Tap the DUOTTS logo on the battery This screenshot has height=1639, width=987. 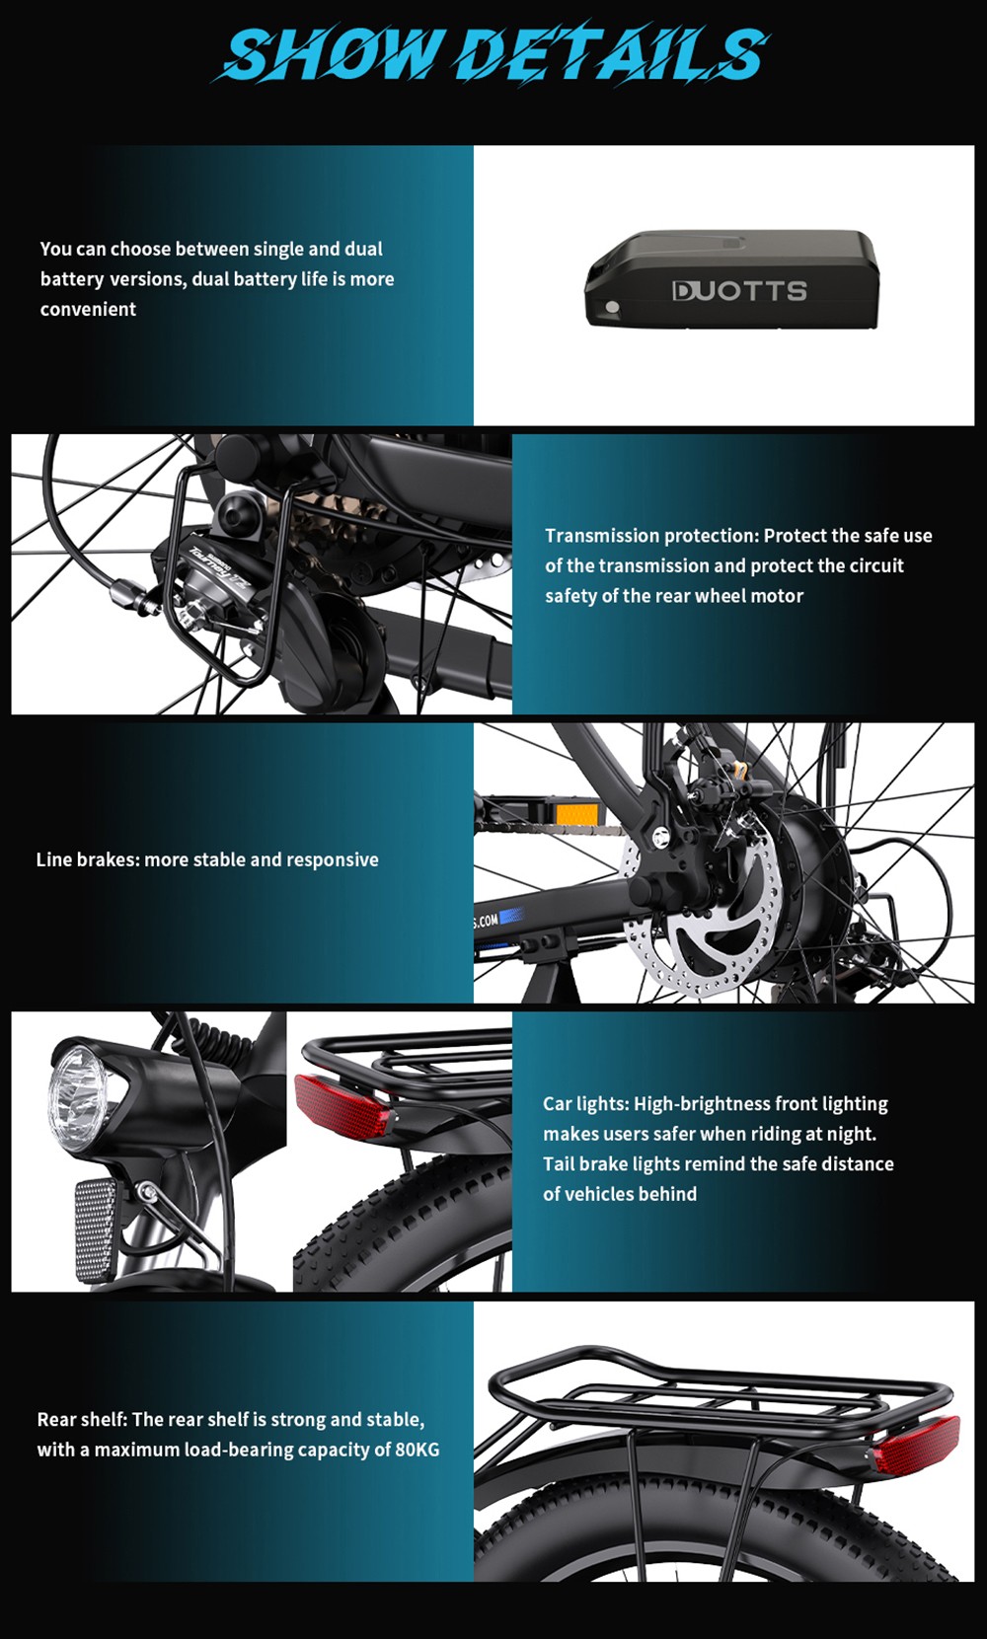click(x=739, y=290)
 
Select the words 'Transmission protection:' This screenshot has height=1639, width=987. click(x=651, y=536)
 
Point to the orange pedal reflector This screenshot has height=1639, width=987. click(x=576, y=815)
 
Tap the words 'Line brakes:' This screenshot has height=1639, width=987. click(x=88, y=859)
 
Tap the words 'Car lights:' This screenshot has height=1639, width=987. click(x=585, y=1104)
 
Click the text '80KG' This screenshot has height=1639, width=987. click(x=417, y=1450)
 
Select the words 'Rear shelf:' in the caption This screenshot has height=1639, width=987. click(x=82, y=1420)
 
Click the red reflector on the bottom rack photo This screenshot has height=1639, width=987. click(x=917, y=1447)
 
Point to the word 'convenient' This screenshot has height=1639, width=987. click(x=88, y=310)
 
